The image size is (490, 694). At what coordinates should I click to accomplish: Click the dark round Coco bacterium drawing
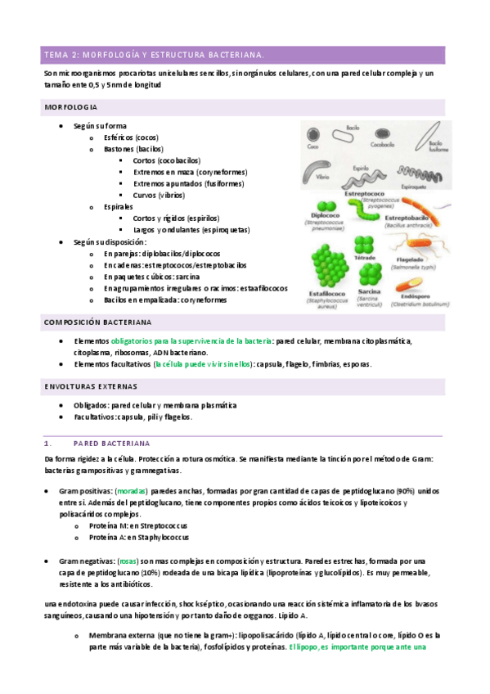312,135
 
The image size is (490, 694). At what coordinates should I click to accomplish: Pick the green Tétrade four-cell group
363,243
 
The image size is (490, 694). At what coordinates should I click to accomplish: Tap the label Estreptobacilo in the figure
408,219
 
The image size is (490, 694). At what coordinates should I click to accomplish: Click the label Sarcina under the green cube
371,291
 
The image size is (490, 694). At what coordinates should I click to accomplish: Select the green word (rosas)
128,561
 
